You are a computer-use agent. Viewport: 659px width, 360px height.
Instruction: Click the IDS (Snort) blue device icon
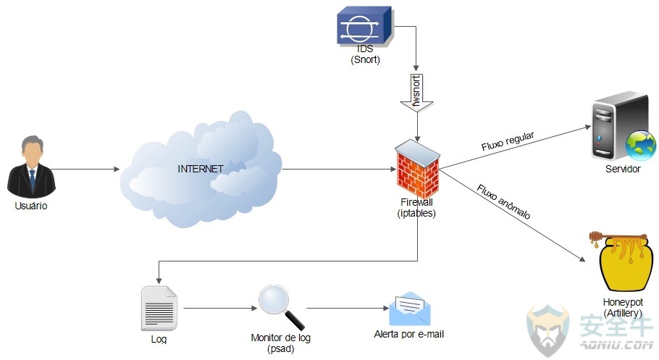pyautogui.click(x=365, y=25)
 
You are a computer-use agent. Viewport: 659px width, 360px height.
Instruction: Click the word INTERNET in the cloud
pyautogui.click(x=201, y=169)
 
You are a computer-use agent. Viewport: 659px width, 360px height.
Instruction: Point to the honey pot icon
pyautogui.click(x=621, y=261)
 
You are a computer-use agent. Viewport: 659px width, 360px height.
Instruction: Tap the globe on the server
pyautogui.click(x=640, y=146)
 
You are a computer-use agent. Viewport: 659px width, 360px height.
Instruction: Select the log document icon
pyautogui.click(x=159, y=309)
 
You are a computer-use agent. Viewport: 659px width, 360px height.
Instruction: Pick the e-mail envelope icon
pyautogui.click(x=409, y=309)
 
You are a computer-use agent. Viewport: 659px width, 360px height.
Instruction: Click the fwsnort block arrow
pyautogui.click(x=416, y=93)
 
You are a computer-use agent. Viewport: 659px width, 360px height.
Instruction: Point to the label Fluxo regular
pyautogui.click(x=508, y=141)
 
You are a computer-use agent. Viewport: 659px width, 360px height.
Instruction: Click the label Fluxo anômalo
pyautogui.click(x=503, y=201)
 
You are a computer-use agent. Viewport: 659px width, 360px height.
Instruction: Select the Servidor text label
pyautogui.click(x=623, y=169)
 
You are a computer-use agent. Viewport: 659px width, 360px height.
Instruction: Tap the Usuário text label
pyautogui.click(x=31, y=206)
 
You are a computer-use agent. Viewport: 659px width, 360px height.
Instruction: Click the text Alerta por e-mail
pyautogui.click(x=409, y=334)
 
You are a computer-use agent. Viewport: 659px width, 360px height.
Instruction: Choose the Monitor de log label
pyautogui.click(x=281, y=338)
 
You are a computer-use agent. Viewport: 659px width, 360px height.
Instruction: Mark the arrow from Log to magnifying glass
pyautogui.click(x=220, y=309)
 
